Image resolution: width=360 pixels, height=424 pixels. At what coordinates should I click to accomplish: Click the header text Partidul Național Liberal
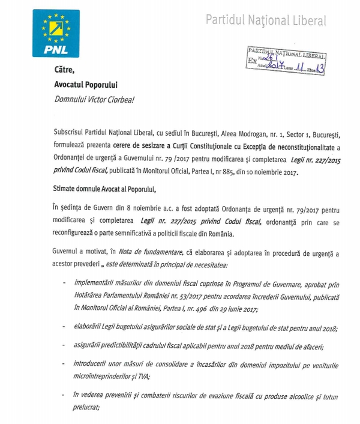tap(266, 20)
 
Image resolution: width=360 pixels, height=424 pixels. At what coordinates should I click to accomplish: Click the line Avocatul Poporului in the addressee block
tap(85, 85)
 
